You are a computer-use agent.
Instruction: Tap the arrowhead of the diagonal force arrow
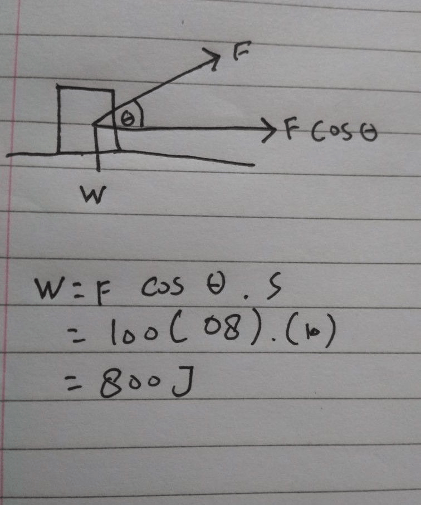[x=213, y=58]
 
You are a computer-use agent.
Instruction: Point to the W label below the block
[x=93, y=194]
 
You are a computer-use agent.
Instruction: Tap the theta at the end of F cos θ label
[x=369, y=133]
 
